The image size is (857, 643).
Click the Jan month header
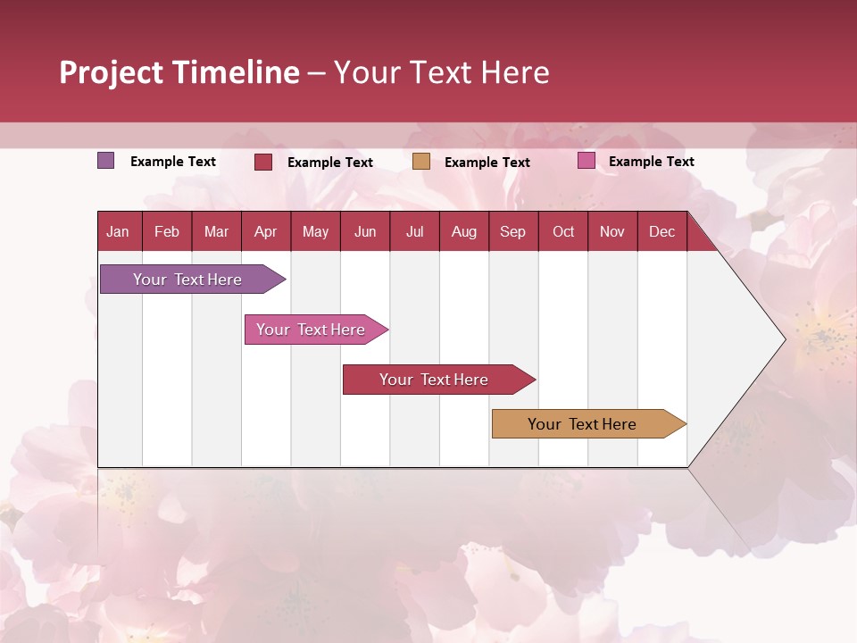tap(118, 231)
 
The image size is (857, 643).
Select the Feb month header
tap(167, 231)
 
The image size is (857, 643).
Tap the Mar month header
tap(216, 231)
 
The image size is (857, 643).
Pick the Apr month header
tap(266, 231)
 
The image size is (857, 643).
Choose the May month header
tap(315, 231)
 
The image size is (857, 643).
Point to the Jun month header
tap(365, 231)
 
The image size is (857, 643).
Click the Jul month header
tap(414, 231)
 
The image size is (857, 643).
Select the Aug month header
tap(464, 231)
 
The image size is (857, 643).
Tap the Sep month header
tap(513, 231)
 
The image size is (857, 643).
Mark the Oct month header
tap(563, 231)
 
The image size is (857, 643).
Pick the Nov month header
tap(612, 231)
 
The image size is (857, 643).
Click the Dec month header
tap(662, 231)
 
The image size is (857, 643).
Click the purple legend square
tap(106, 161)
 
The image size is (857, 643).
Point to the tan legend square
tap(421, 162)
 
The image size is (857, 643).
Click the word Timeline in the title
tap(234, 72)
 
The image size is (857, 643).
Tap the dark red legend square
tap(263, 162)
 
